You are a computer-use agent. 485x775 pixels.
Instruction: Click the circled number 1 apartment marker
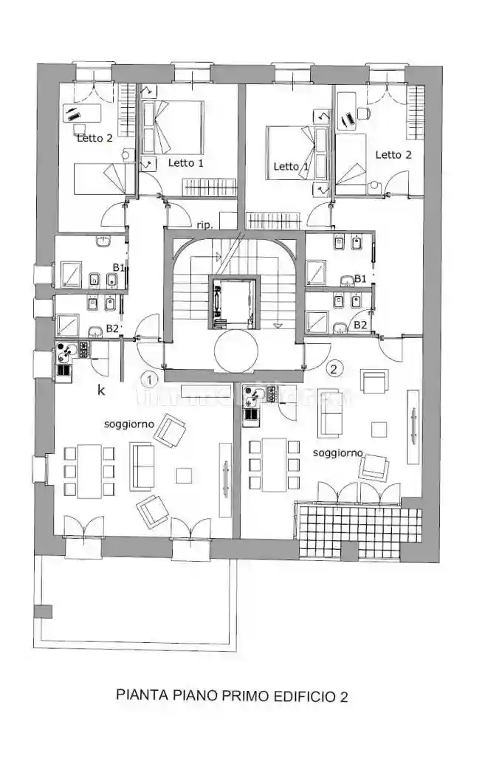coord(150,380)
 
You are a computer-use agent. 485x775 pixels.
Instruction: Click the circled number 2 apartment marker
coord(336,368)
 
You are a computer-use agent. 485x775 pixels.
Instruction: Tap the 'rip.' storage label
coord(205,224)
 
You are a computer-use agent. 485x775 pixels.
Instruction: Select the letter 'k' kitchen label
coord(101,390)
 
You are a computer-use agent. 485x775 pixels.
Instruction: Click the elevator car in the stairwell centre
coord(233,302)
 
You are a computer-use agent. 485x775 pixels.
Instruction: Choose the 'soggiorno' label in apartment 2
coord(338,452)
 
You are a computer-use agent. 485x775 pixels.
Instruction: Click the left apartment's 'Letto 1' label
coord(185,162)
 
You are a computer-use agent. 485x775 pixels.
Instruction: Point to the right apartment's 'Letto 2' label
coord(393,154)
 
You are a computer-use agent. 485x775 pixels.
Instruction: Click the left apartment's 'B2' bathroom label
coord(112,328)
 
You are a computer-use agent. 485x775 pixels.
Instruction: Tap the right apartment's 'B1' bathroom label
coord(360,278)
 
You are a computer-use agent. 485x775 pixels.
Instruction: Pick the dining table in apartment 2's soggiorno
coord(273,464)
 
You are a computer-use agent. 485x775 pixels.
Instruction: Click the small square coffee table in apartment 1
coord(182,475)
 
